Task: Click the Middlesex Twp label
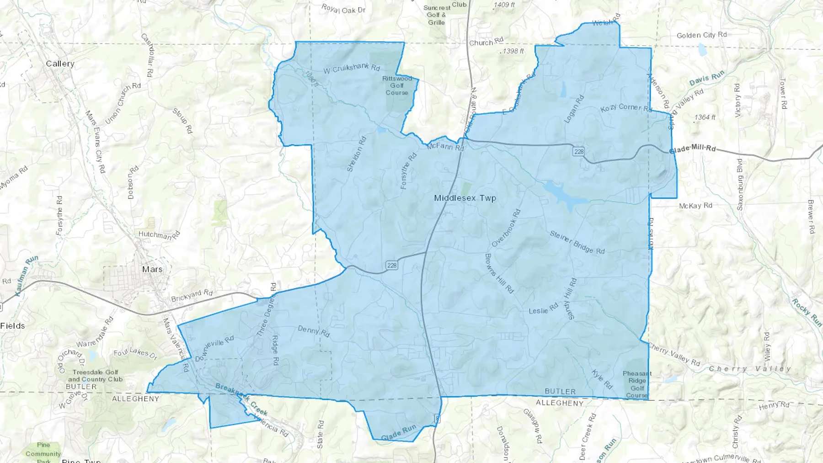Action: coord(465,198)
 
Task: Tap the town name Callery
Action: coord(60,64)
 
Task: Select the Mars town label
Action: coord(152,269)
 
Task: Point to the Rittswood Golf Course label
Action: coord(396,85)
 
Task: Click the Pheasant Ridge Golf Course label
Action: coord(637,384)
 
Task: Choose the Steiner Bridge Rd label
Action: coord(577,242)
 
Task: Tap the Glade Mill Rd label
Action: coord(692,149)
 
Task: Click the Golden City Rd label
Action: coord(701,35)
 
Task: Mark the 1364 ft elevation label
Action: coord(705,117)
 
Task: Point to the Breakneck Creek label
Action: coord(241,398)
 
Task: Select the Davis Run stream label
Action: coord(707,79)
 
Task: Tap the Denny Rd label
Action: coord(314,331)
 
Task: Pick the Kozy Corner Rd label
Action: coord(625,108)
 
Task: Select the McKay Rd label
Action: coord(695,206)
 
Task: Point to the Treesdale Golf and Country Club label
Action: coord(95,376)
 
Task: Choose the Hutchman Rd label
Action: coord(159,236)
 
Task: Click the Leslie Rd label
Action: coord(543,309)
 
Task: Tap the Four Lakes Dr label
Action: coord(135,353)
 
